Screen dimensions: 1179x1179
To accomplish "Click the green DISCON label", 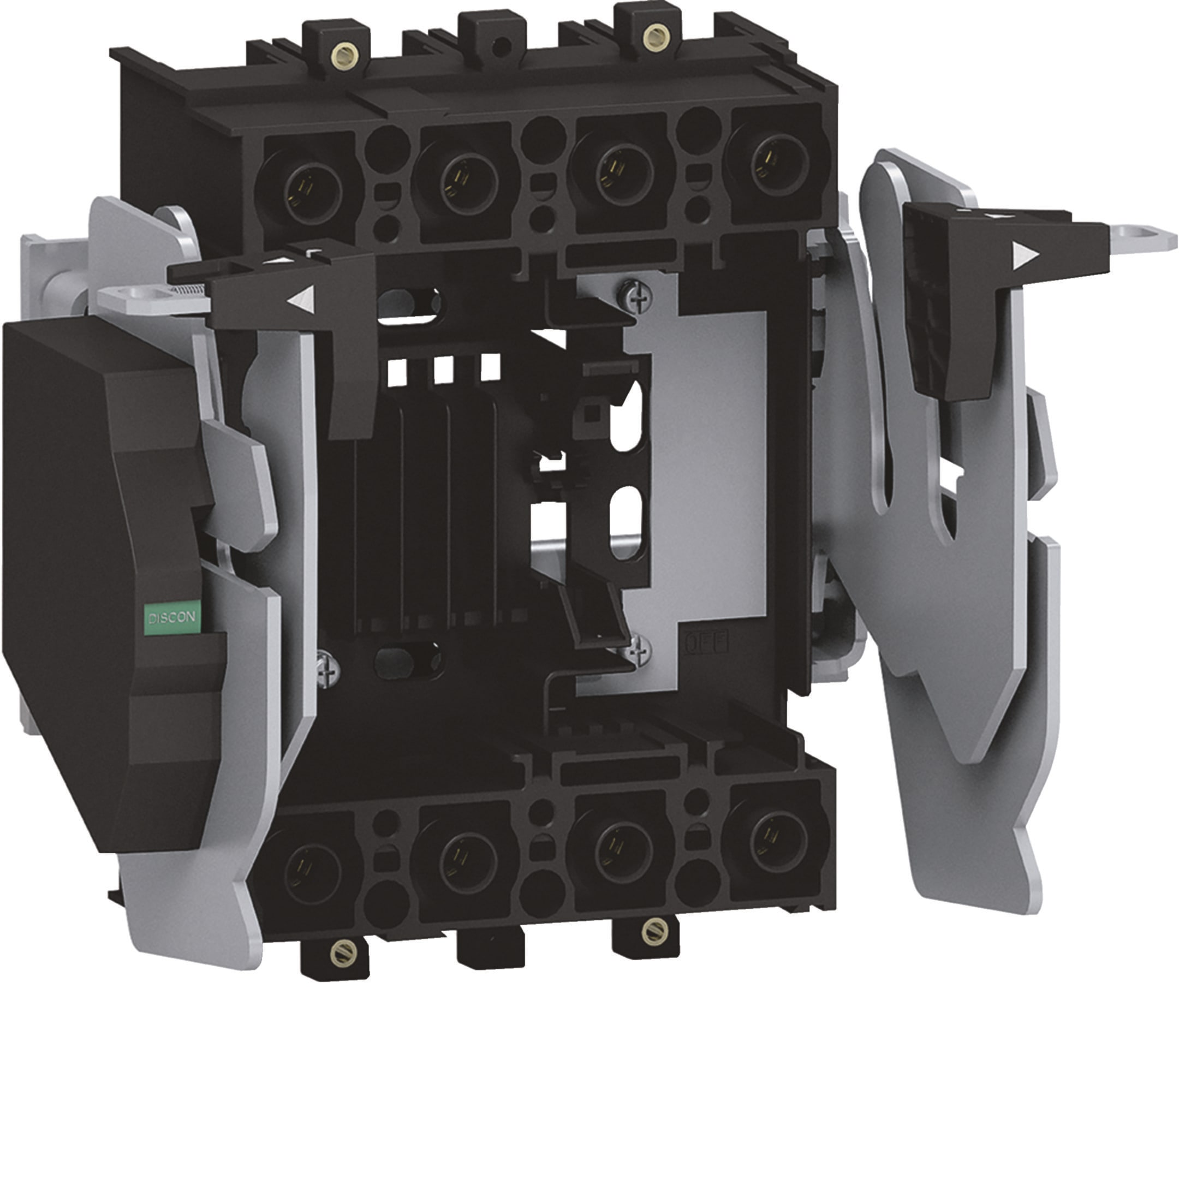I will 172,617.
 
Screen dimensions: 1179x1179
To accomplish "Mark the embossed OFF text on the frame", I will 708,644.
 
